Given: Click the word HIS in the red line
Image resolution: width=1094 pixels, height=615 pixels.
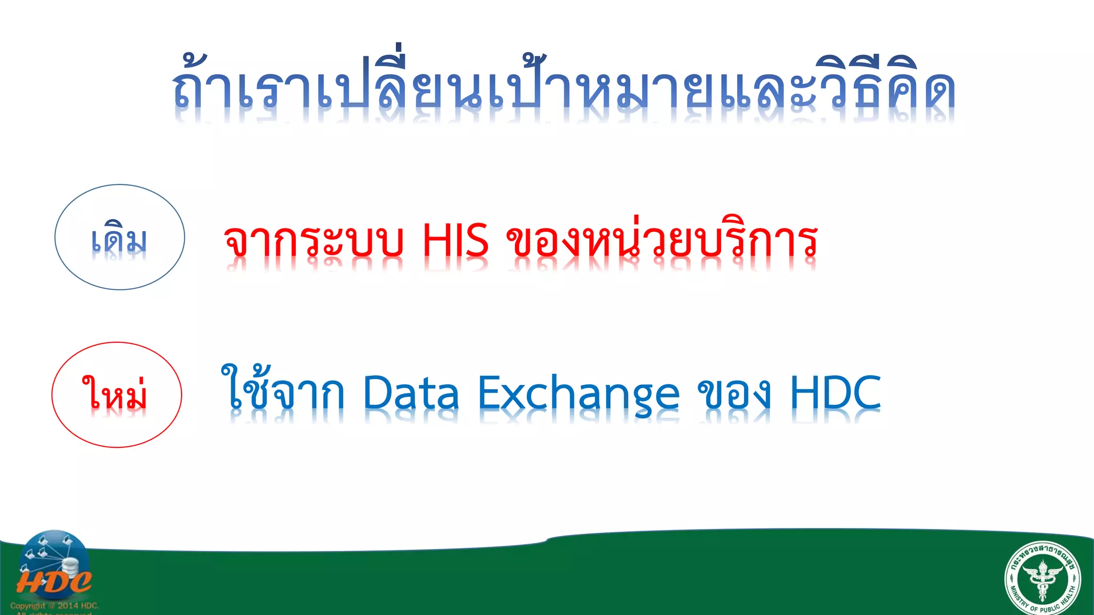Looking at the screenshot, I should (455, 241).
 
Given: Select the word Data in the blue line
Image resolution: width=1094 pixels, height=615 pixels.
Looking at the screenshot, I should (411, 393).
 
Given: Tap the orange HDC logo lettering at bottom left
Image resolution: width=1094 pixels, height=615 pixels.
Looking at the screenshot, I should (53, 581).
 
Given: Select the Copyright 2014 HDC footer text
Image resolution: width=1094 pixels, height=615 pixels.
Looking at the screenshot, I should (54, 606).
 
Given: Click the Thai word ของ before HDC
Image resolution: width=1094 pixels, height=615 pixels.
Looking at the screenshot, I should (734, 394).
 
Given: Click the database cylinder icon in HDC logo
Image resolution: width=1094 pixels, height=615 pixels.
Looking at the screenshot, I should (69, 567).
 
